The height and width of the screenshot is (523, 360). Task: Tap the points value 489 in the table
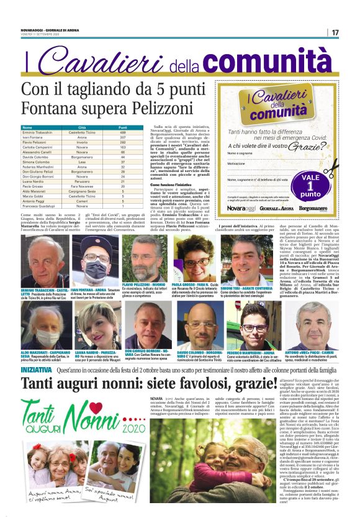[x=123, y=132]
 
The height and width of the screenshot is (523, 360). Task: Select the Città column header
[x=81, y=127]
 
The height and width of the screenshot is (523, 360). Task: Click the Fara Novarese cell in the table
[x=81, y=186]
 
